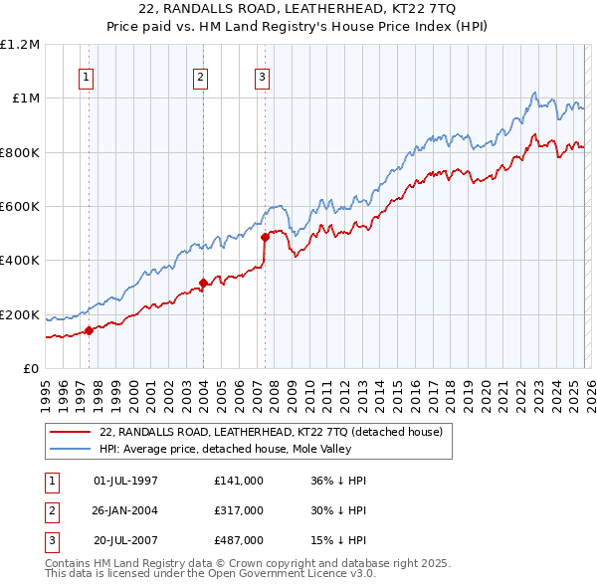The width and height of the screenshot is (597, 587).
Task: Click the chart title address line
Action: (298, 9)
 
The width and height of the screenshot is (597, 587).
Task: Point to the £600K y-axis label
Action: (20, 206)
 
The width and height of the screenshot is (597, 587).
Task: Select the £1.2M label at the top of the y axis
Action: (21, 44)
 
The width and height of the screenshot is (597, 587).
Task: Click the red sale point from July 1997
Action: (89, 330)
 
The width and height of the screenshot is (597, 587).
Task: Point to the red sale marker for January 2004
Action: (203, 283)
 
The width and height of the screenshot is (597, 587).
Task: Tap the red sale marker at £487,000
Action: (265, 237)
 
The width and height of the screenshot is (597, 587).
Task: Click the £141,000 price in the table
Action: (238, 480)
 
